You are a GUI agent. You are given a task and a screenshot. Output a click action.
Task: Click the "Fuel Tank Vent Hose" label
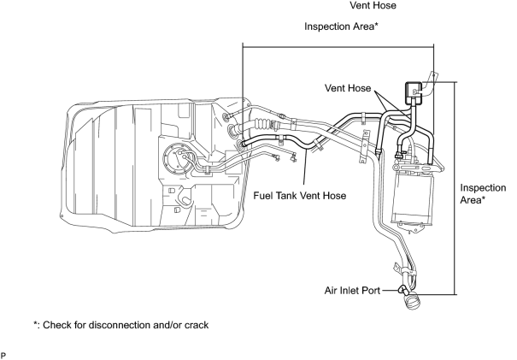pyautogui.click(x=300, y=196)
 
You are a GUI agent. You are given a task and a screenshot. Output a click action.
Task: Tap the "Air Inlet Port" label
pyautogui.click(x=352, y=291)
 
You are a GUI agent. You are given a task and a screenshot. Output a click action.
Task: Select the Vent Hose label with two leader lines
pyautogui.click(x=348, y=88)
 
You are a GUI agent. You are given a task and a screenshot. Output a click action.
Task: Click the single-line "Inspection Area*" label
pyautogui.click(x=341, y=27)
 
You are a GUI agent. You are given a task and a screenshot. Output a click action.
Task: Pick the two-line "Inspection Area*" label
pyautogui.click(x=483, y=194)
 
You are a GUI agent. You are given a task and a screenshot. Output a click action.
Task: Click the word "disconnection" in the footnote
pyautogui.click(x=120, y=325)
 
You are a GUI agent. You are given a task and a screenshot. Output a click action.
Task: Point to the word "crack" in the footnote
pyautogui.click(x=197, y=325)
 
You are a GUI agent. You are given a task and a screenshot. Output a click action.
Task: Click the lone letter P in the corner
pyautogui.click(x=3, y=355)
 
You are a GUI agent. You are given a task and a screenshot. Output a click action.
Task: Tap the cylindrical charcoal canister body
pyautogui.click(x=411, y=198)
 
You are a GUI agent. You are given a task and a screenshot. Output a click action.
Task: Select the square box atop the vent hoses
pyautogui.click(x=413, y=90)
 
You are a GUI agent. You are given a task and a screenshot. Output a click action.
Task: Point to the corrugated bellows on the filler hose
pyautogui.click(x=262, y=124)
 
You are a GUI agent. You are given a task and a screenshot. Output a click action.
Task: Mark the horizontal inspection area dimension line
pyautogui.click(x=338, y=47)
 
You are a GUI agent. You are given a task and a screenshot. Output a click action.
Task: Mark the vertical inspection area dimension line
pyautogui.click(x=456, y=188)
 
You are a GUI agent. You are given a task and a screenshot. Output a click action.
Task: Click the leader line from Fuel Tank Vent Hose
pyautogui.click(x=305, y=168)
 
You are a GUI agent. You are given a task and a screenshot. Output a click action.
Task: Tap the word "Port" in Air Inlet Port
pyautogui.click(x=371, y=291)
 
